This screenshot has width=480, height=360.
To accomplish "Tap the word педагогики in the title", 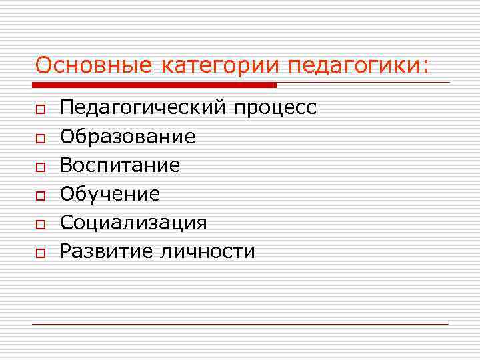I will pyautogui.click(x=353, y=65).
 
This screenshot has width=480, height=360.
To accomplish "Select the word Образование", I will pyautogui.click(x=127, y=137).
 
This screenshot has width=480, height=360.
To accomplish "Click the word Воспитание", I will pyautogui.click(x=120, y=165).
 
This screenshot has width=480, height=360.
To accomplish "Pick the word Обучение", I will pyautogui.click(x=110, y=194).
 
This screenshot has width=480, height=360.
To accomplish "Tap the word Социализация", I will pyautogui.click(x=133, y=223).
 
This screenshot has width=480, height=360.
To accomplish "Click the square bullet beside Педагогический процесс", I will pyautogui.click(x=41, y=109).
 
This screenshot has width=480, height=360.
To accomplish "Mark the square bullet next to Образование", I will pyautogui.click(x=41, y=138).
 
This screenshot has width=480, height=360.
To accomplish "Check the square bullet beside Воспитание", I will pyautogui.click(x=41, y=167).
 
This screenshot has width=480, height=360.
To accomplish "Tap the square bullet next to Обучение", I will pyautogui.click(x=41, y=195).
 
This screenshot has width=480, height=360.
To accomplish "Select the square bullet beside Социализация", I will pyautogui.click(x=41, y=224).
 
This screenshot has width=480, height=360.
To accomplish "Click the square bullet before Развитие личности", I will pyautogui.click(x=41, y=253).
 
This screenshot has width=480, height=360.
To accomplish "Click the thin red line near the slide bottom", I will pyautogui.click(x=240, y=324).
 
